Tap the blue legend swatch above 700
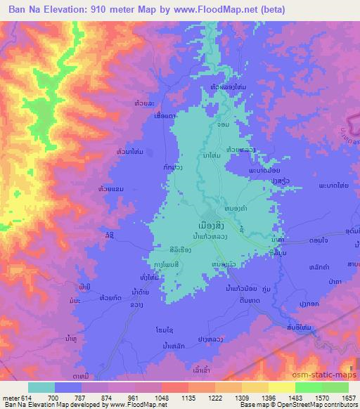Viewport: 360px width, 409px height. pos(71,387)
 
